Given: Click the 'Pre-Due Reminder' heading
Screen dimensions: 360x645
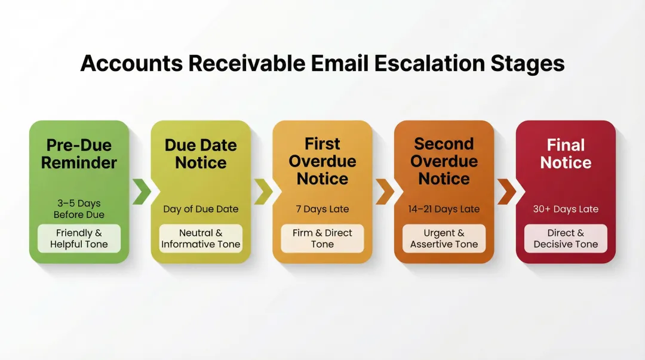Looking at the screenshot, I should pos(79,153).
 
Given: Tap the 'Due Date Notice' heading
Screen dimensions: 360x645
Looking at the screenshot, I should pos(201,153).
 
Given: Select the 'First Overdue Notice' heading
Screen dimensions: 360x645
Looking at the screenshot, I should pos(322,161).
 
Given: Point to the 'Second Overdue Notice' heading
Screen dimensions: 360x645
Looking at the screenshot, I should pos(444,161).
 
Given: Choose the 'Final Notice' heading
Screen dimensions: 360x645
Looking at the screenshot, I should pos(566,153).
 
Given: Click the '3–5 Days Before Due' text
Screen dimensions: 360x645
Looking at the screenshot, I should pos(79,209).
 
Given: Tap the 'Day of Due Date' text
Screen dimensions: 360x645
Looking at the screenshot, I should pos(201,209).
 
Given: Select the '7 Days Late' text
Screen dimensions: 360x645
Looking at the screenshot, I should pos(322,209).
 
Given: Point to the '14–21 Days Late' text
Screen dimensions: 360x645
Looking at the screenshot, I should pos(444,209).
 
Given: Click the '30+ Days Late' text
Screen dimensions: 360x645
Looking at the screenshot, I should pos(566,209).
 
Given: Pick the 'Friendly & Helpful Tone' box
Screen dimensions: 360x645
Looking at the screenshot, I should pos(79,238).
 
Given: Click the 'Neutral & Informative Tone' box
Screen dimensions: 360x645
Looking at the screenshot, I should pos(201,238).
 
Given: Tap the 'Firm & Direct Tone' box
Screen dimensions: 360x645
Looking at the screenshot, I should pos(322,238).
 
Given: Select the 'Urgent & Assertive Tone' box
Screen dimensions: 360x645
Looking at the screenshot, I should pos(444,238).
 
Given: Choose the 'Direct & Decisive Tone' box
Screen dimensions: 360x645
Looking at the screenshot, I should pos(566,238).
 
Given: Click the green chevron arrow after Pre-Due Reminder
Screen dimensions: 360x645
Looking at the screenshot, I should pos(141,191).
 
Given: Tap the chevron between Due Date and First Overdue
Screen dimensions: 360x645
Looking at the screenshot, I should pos(263,191).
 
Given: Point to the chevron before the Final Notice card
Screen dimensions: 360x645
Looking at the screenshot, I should pos(506,191).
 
